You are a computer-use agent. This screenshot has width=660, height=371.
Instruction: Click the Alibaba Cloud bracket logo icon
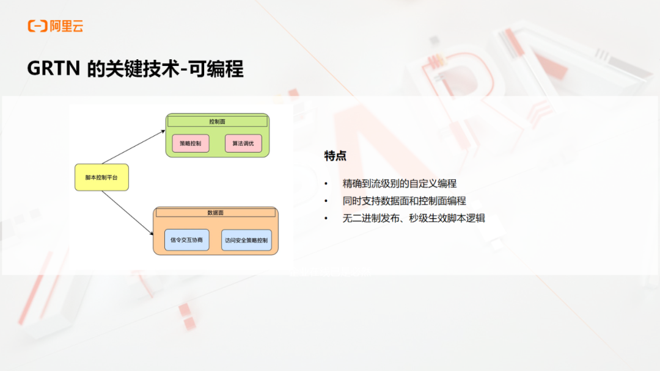pos(37,26)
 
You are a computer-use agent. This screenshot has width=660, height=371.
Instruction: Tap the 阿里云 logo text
pos(67,26)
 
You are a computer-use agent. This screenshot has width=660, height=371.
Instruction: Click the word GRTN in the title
pos(53,68)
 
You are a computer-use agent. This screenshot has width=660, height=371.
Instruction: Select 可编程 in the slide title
pos(216,68)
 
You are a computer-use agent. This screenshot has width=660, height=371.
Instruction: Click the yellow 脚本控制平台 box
pos(102,178)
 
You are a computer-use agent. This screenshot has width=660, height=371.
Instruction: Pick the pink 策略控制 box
pos(191,143)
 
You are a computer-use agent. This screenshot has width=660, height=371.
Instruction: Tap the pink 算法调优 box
pos(243,143)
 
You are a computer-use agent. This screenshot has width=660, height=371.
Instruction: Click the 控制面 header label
pos(217,121)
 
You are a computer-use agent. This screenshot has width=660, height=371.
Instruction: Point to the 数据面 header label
pos(216,212)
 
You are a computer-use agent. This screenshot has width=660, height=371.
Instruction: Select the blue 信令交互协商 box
pos(187,240)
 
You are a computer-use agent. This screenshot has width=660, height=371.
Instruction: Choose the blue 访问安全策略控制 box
pos(247,240)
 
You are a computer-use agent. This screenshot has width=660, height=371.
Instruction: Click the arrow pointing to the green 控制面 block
pos(133,147)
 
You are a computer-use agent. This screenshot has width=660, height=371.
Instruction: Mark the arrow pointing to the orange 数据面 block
pos(128,212)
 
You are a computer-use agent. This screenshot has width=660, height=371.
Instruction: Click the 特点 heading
pos(335,156)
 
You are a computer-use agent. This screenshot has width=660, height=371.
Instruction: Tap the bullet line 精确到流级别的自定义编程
pos(400,184)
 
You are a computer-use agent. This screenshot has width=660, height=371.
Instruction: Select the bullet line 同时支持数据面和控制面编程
pos(404,201)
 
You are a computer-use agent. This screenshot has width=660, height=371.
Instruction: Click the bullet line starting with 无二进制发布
pos(414,218)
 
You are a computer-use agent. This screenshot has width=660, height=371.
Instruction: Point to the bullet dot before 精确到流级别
pos(326,184)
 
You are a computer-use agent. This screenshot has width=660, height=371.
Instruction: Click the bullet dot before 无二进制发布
pos(326,218)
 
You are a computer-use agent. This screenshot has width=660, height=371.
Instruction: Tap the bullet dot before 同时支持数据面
pos(326,201)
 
